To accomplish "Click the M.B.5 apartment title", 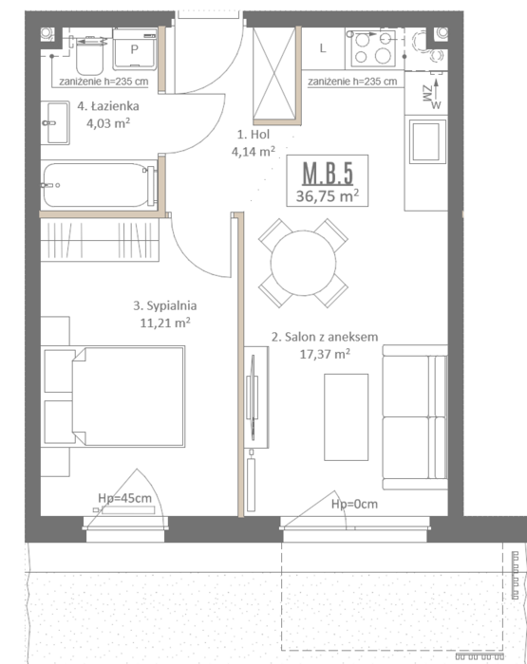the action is (x=328, y=174).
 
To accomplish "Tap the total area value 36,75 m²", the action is (x=328, y=196).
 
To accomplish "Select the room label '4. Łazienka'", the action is (x=108, y=106).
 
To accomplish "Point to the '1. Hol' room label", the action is (x=254, y=135).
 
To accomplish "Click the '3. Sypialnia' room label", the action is (x=165, y=305).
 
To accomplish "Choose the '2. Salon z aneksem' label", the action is (x=325, y=337).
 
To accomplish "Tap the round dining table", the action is (x=303, y=263).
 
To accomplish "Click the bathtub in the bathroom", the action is (x=99, y=185).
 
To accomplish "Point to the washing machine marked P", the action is (x=135, y=48).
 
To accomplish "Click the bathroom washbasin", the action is (x=55, y=122).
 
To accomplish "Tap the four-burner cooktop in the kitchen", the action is (x=373, y=47).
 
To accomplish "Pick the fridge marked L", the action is (x=323, y=48).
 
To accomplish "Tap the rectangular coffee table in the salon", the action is (x=346, y=417).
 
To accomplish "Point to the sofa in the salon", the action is (x=415, y=417).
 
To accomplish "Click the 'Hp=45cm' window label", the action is (x=124, y=498).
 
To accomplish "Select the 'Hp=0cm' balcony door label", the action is (x=354, y=504).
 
